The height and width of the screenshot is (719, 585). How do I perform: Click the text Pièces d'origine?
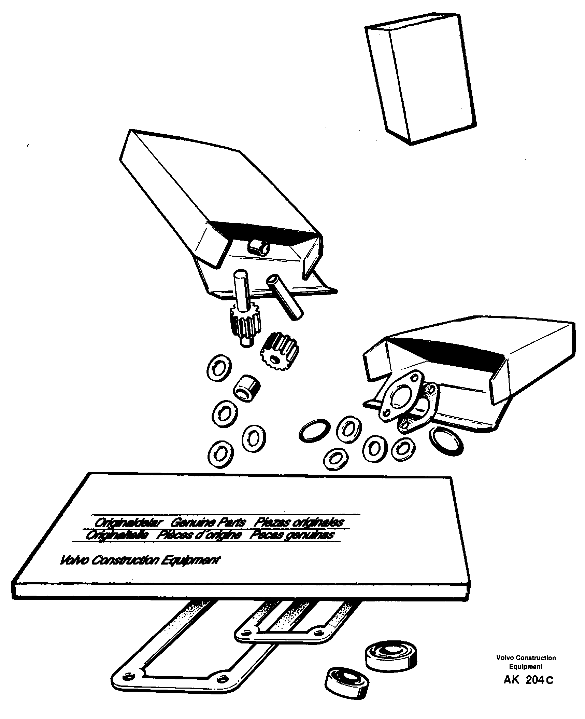(x=199, y=544)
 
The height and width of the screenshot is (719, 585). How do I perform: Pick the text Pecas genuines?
(x=291, y=544)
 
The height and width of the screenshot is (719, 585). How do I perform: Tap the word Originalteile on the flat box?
(x=117, y=544)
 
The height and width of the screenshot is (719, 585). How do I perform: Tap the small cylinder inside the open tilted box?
(x=258, y=246)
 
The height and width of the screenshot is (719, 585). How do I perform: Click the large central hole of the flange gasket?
(x=401, y=397)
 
